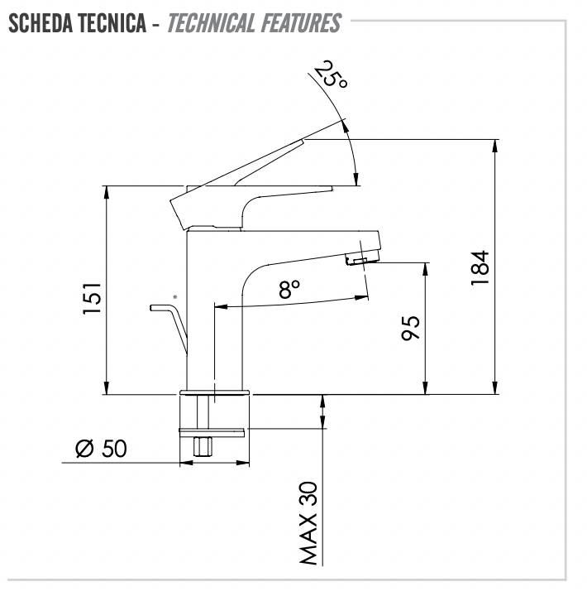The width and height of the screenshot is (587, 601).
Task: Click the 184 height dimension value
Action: (x=480, y=268)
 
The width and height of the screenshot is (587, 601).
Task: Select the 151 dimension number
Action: (x=93, y=298)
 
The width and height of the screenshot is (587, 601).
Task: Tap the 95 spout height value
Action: (x=410, y=328)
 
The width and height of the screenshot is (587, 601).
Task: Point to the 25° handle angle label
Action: (x=331, y=74)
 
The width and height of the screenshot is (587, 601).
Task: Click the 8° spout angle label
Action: (x=289, y=289)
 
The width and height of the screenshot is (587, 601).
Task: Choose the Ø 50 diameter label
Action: (x=101, y=448)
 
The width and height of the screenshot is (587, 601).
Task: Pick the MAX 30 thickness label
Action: (x=308, y=523)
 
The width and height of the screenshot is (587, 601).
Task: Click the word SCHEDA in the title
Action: (x=41, y=23)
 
